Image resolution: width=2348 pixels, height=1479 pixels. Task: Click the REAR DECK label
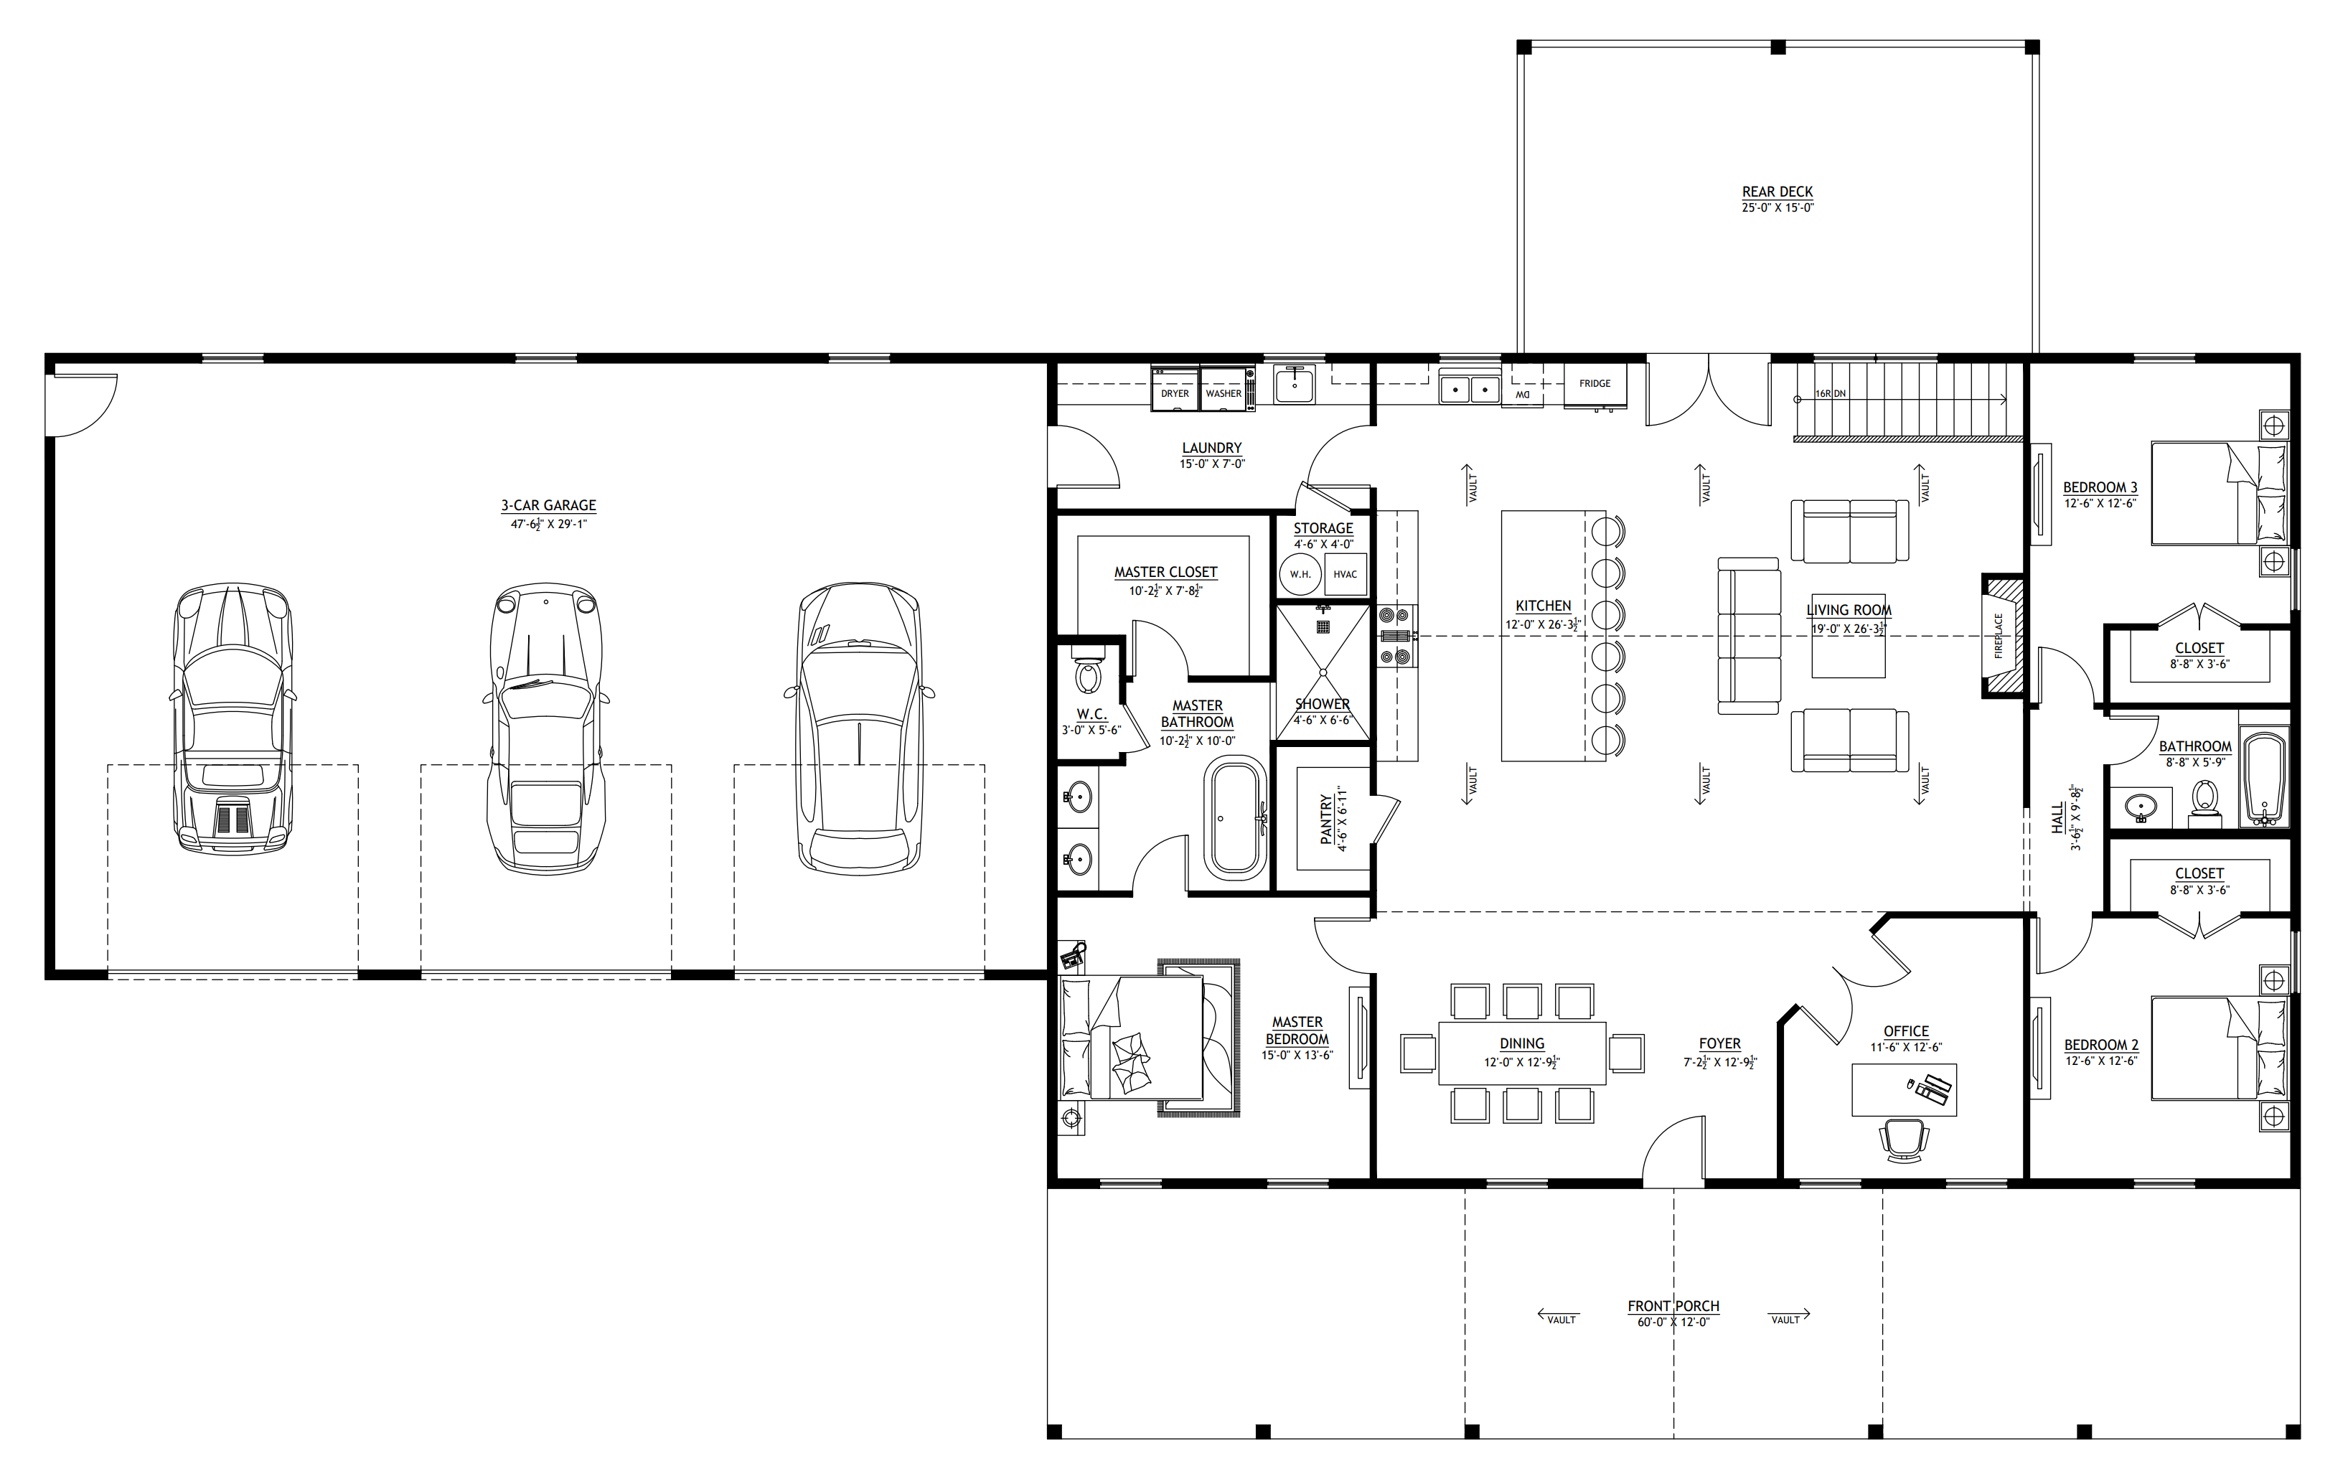coord(1777,192)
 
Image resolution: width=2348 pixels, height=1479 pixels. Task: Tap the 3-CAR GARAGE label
coord(549,505)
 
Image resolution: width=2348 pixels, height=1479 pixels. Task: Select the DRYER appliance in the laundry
coord(1175,389)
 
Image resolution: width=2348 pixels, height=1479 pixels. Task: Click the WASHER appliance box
coord(1224,389)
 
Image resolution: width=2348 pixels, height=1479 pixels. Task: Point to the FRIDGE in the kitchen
coord(1595,384)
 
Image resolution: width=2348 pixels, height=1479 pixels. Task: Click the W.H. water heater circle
coord(1300,574)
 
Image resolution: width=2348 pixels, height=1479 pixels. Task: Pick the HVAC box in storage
coord(1346,574)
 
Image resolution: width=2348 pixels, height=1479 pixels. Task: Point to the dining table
coord(1522,1053)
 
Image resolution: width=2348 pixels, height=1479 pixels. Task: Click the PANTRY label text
coord(1326,819)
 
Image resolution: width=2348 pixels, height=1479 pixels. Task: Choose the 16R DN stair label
coord(1830,394)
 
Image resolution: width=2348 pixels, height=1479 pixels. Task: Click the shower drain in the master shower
coord(1323,672)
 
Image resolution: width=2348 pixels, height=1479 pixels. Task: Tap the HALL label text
coord(2057,817)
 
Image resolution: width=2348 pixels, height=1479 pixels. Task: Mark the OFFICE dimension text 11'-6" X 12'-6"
coord(1905,1047)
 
